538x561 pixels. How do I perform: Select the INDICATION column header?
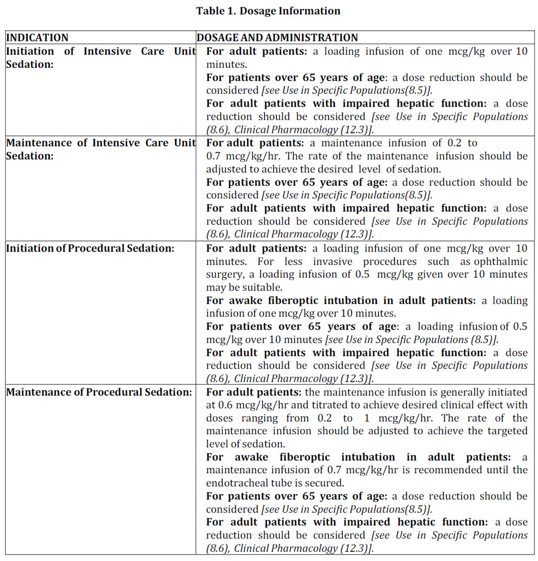pos(37,38)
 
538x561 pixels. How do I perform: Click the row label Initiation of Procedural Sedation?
pos(90,248)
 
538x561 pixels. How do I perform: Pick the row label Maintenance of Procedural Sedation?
pos(99,392)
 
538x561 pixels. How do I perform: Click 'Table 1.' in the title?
pos(215,11)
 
